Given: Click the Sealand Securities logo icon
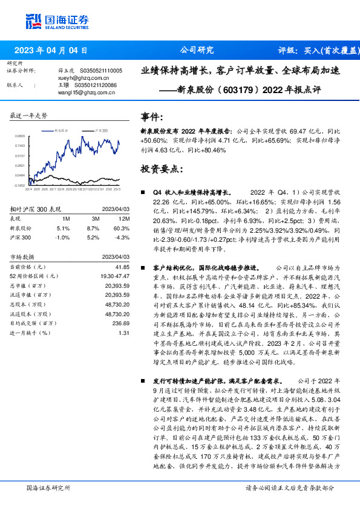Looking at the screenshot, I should [x=33, y=19].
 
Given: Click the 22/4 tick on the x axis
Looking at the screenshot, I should [x=28, y=190].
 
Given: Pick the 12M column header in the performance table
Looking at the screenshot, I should [x=124, y=218].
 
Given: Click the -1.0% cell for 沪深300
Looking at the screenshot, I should [x=62, y=238].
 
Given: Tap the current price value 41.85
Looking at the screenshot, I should [x=123, y=267].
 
